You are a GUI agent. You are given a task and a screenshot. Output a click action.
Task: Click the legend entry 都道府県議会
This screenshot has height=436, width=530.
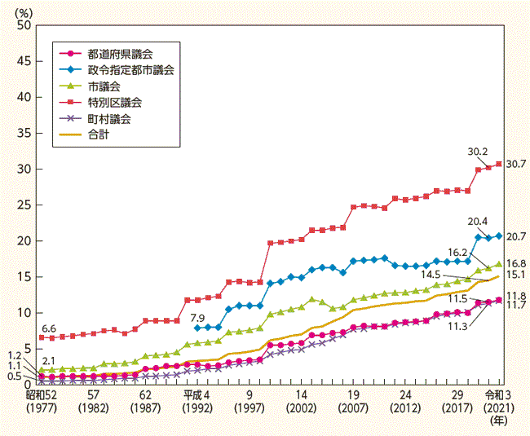tap(114, 53)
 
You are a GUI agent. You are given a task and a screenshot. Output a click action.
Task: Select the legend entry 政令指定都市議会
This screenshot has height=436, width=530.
tap(126, 70)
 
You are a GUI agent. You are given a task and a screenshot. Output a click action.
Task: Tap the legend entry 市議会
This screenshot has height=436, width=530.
tap(103, 86)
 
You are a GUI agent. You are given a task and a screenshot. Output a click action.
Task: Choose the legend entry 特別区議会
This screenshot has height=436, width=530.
tap(114, 103)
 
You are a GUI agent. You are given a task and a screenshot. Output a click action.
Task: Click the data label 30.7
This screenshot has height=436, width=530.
tap(515, 164)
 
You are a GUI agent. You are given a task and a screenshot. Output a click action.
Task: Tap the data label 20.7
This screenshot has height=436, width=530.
tap(515, 236)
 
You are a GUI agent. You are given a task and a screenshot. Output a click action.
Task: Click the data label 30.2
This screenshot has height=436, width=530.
tap(479, 151)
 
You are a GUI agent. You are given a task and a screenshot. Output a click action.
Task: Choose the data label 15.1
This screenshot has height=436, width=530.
tap(515, 276)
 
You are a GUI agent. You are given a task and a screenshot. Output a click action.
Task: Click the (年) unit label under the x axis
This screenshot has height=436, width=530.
tap(497, 423)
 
